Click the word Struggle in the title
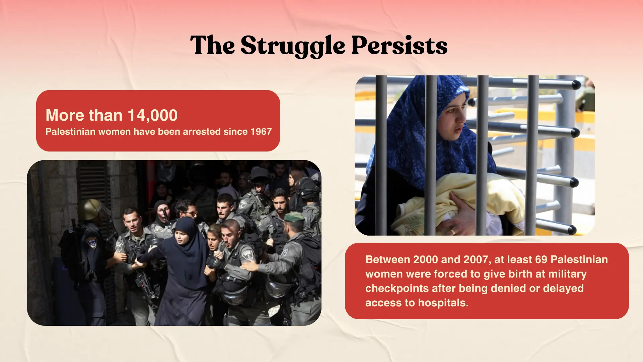[x=293, y=46]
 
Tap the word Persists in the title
[x=399, y=45]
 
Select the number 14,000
[x=152, y=116]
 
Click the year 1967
[x=261, y=132]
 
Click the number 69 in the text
[x=541, y=259]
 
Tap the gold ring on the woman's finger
[x=453, y=232]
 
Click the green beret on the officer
[x=294, y=217]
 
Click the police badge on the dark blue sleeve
[x=91, y=242]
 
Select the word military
[x=567, y=274]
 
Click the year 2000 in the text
[x=426, y=259]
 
